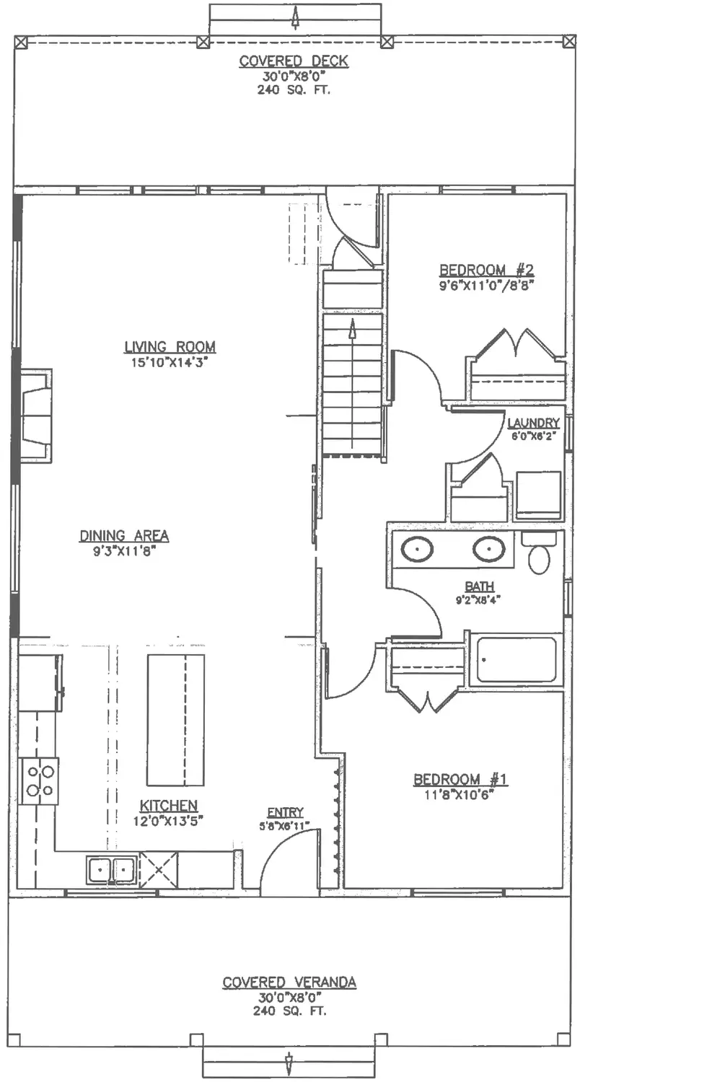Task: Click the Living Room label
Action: click(170, 347)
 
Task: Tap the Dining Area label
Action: click(124, 536)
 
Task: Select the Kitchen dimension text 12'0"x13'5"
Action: click(168, 821)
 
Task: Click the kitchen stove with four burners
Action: click(39, 781)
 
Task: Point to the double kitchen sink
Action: click(111, 871)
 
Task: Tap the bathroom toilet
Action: click(539, 553)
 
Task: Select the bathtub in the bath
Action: click(517, 660)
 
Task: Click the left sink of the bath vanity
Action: click(417, 549)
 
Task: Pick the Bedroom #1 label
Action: click(460, 779)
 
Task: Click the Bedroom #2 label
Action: click(486, 270)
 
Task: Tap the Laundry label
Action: click(533, 423)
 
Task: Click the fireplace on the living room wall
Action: click(35, 416)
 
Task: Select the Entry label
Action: click(286, 812)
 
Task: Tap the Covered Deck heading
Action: click(294, 61)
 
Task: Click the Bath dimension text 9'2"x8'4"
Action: click(478, 600)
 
